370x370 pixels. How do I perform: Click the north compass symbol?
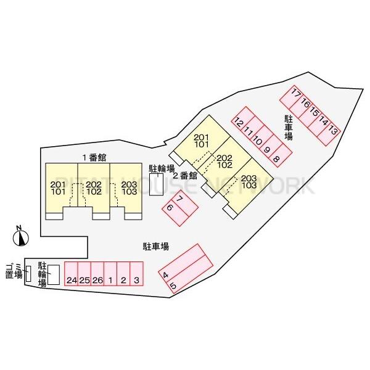[21, 236]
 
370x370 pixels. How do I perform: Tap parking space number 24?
[72, 274]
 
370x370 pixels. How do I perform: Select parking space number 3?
[137, 274]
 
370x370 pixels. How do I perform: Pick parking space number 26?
[97, 274]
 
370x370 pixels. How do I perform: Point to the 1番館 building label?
[94, 157]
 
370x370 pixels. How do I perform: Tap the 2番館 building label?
[185, 176]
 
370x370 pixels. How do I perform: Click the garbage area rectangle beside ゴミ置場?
[28, 273]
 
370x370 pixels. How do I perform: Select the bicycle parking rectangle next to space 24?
[54, 274]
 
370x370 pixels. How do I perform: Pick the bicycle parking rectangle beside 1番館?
[156, 184]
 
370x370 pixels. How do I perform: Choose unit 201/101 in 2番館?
[202, 140]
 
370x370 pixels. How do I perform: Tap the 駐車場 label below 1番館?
[156, 247]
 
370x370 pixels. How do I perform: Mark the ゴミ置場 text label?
[14, 271]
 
